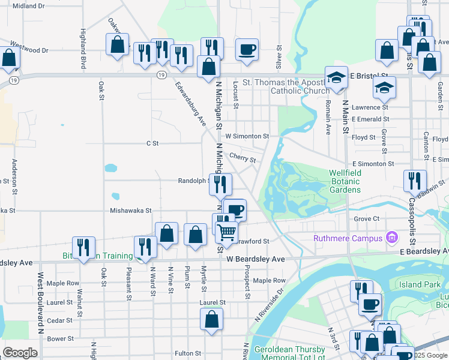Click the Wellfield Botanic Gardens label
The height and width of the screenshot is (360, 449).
pyautogui.click(x=345, y=181)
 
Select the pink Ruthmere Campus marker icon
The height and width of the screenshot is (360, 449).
pyautogui.click(x=393, y=238)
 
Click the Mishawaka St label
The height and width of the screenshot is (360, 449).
pyautogui.click(x=130, y=211)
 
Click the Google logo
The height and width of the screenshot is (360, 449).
pyautogui.click(x=19, y=353)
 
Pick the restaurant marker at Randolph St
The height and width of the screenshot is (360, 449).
pyautogui.click(x=220, y=184)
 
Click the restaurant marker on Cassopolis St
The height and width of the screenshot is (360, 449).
pyautogui.click(x=415, y=181)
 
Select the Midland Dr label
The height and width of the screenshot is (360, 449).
pyautogui.click(x=28, y=5)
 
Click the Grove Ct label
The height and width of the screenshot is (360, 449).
pyautogui.click(x=367, y=219)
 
